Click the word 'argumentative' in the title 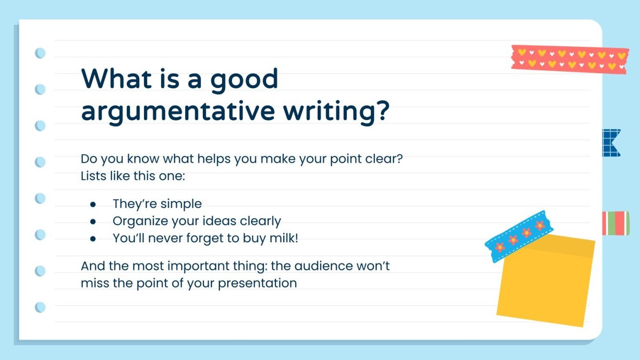[x=177, y=111]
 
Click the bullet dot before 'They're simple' [x=93, y=204]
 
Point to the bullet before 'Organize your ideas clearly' [x=93, y=221]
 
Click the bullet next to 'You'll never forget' [x=93, y=239]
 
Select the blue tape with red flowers [x=519, y=236]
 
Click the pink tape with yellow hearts [x=569, y=59]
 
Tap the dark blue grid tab [x=611, y=142]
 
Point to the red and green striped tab [x=616, y=223]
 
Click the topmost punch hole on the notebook [x=40, y=53]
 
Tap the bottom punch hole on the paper [x=40, y=307]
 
